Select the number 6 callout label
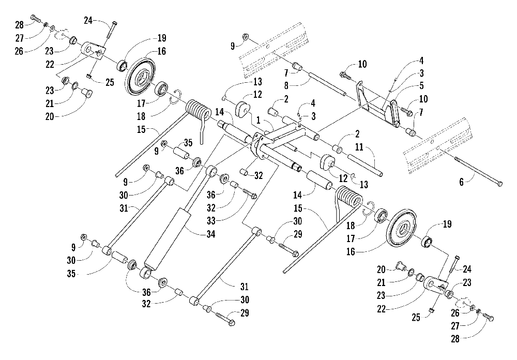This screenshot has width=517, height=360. tap(461, 182)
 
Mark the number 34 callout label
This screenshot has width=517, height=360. tap(211, 234)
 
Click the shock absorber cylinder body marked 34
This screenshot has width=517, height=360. tap(168, 237)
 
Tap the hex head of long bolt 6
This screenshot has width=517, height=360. tap(500, 184)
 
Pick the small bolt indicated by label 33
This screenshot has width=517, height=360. tap(251, 193)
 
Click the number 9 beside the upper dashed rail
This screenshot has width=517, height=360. tap(233, 46)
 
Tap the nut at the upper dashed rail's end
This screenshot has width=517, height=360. tap(245, 36)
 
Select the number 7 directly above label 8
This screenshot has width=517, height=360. tap(286, 72)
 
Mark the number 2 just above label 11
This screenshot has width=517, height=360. tap(357, 134)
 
